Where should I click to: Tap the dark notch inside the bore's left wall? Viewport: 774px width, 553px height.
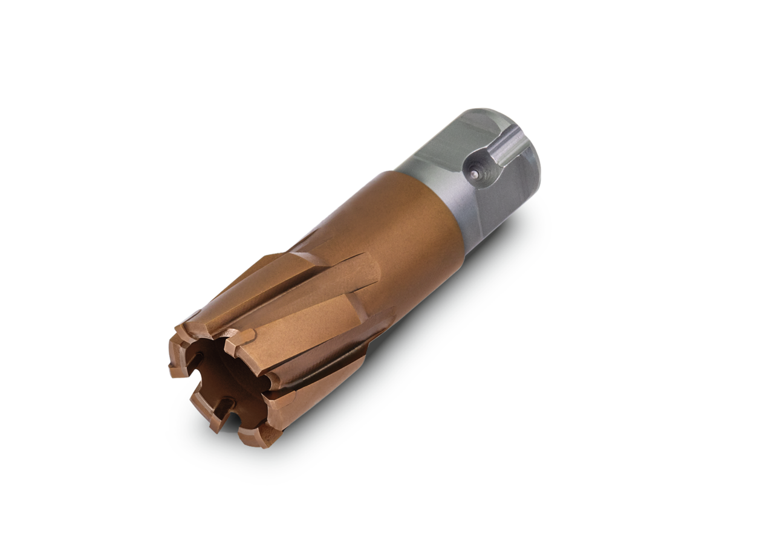tap(195, 363)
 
